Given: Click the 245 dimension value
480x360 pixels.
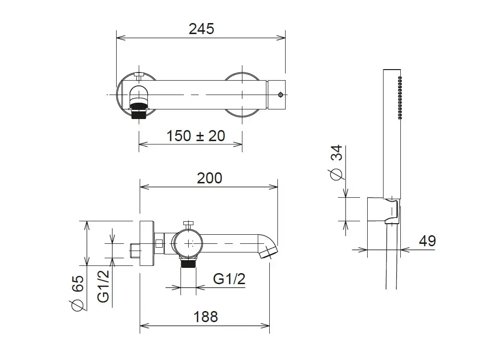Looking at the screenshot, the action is tap(202, 29).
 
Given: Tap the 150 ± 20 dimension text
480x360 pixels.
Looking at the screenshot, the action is tap(196, 136).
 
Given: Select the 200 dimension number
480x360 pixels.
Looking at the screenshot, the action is tap(209, 178).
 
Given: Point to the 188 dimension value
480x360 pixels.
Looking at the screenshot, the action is tap(205, 316).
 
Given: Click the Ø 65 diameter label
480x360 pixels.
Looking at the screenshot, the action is tap(77, 293).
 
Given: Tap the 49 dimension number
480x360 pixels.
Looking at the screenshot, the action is tap(427, 241).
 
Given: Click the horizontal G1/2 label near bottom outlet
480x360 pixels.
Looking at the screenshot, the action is tap(229, 279).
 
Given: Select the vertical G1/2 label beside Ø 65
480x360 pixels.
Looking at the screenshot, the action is tap(103, 286).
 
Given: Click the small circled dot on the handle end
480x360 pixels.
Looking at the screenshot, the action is tap(281, 95).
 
